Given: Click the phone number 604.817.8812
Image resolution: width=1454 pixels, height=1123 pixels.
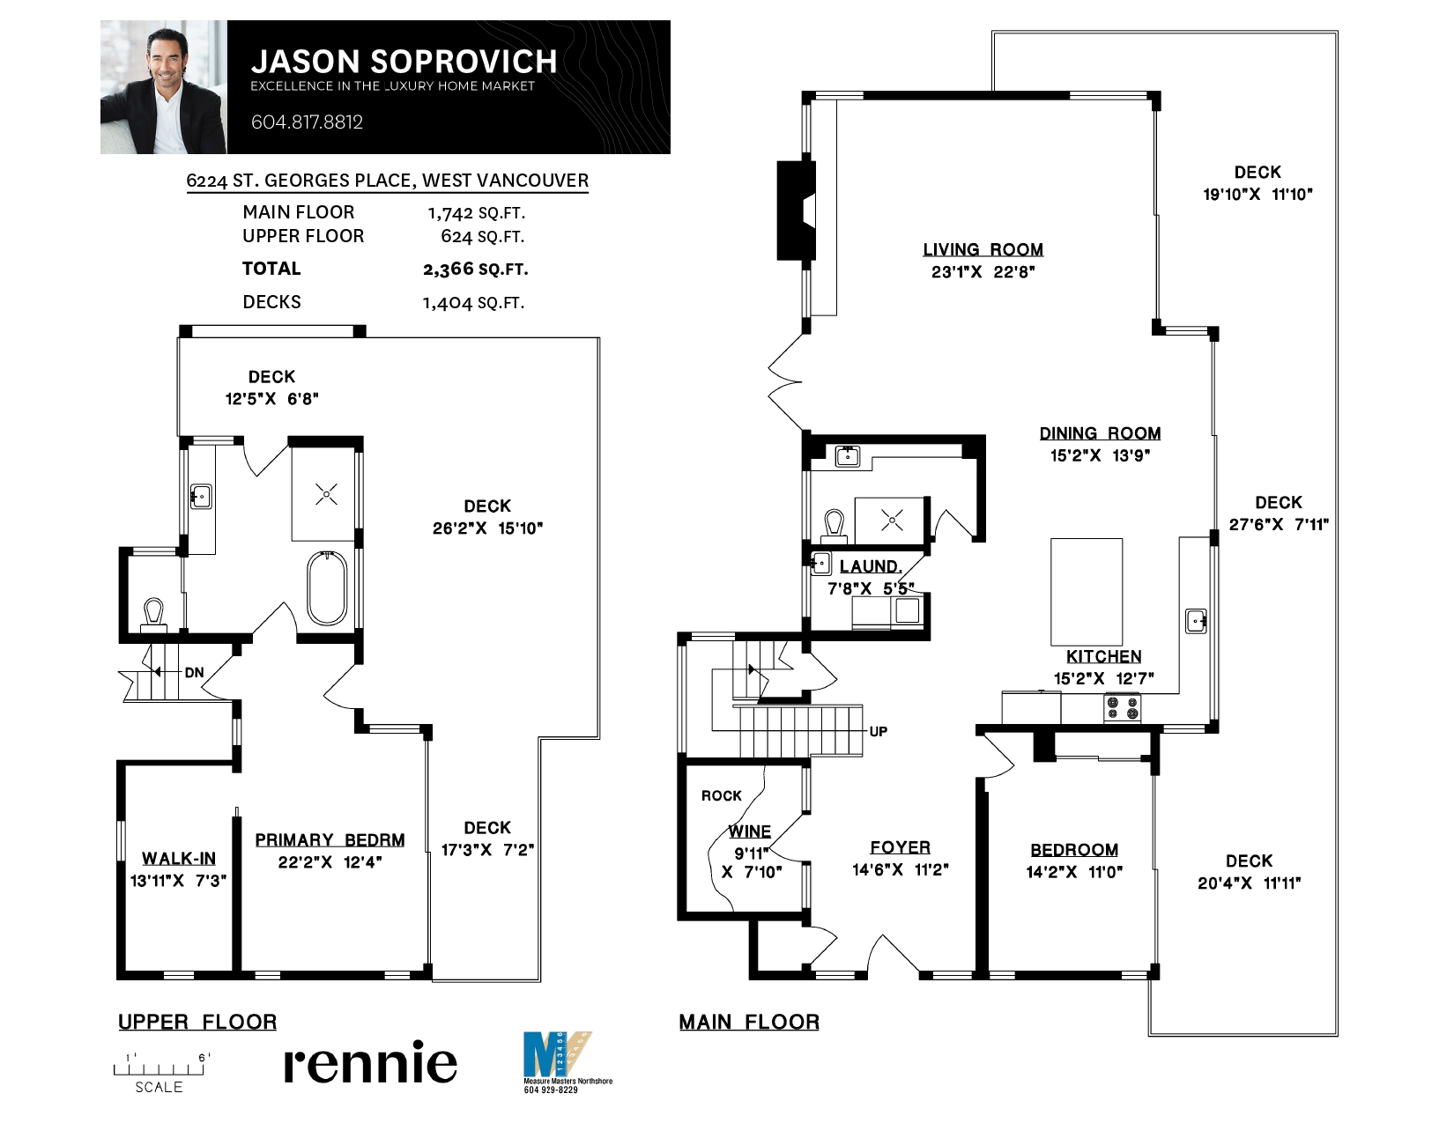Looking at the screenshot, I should tap(307, 122).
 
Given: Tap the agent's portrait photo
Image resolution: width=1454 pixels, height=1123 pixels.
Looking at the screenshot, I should tap(164, 88).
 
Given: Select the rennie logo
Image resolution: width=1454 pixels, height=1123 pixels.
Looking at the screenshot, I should tap(370, 1062).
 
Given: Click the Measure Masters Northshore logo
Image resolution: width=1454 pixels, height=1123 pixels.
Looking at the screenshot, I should tap(559, 1060).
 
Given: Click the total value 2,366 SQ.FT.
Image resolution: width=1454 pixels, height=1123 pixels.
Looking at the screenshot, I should tap(475, 270).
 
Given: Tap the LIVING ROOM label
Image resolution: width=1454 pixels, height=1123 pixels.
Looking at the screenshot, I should tap(983, 250).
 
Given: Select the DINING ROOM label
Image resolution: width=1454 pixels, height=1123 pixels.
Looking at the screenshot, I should tap(1100, 433).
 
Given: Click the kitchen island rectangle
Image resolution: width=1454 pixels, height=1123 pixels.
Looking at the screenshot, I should tap(1087, 592).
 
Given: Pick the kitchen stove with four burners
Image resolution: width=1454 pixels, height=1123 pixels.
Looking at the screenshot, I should tap(1122, 708).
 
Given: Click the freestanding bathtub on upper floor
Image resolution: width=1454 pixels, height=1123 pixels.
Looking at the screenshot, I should tap(327, 588).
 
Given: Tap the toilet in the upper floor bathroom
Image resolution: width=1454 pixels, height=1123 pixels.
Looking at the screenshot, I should tap(153, 615).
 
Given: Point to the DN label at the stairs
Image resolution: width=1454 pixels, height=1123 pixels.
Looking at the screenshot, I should tap(194, 673).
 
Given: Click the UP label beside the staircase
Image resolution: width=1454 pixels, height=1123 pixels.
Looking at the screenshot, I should tap(879, 731).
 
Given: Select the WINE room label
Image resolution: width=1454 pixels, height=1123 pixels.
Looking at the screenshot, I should tap(750, 831).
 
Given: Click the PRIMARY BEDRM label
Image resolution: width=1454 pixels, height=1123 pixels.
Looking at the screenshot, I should tap(330, 840).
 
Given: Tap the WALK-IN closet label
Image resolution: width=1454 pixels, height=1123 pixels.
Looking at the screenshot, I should tap(179, 859).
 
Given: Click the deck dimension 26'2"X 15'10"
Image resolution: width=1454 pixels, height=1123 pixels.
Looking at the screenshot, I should tap(487, 528).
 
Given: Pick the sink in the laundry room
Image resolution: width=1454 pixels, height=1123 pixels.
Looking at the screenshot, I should tap(821, 563).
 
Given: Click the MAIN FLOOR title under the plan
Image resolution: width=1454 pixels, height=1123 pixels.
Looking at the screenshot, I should tap(749, 1023).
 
